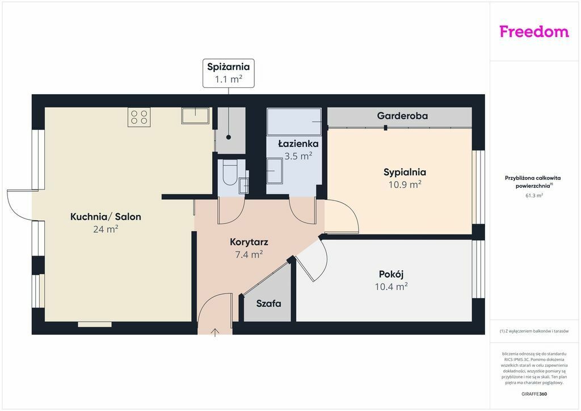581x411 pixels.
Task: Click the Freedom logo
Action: point(534,31)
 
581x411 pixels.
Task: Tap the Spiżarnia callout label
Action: point(228,73)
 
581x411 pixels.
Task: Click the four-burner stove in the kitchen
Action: point(139,117)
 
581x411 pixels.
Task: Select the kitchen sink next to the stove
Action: point(195,116)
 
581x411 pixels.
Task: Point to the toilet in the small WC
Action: point(230,173)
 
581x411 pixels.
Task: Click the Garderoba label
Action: point(402,116)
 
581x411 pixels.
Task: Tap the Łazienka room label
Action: point(298,144)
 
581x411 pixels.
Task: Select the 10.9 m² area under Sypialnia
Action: point(405,184)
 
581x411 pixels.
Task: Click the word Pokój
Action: point(391,274)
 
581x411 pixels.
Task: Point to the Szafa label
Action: point(268,304)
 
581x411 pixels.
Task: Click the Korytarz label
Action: point(249,242)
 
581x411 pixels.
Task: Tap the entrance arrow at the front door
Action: point(215,332)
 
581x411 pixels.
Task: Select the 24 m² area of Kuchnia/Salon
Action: point(106,229)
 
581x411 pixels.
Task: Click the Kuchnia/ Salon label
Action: point(106,216)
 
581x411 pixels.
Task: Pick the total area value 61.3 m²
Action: point(534,195)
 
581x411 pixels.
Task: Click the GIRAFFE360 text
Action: point(534,393)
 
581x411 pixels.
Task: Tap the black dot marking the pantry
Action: point(229,137)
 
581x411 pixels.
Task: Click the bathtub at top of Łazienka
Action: point(294,121)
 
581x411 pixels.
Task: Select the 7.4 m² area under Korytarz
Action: point(249,254)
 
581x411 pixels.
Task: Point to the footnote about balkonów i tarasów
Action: point(534,331)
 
